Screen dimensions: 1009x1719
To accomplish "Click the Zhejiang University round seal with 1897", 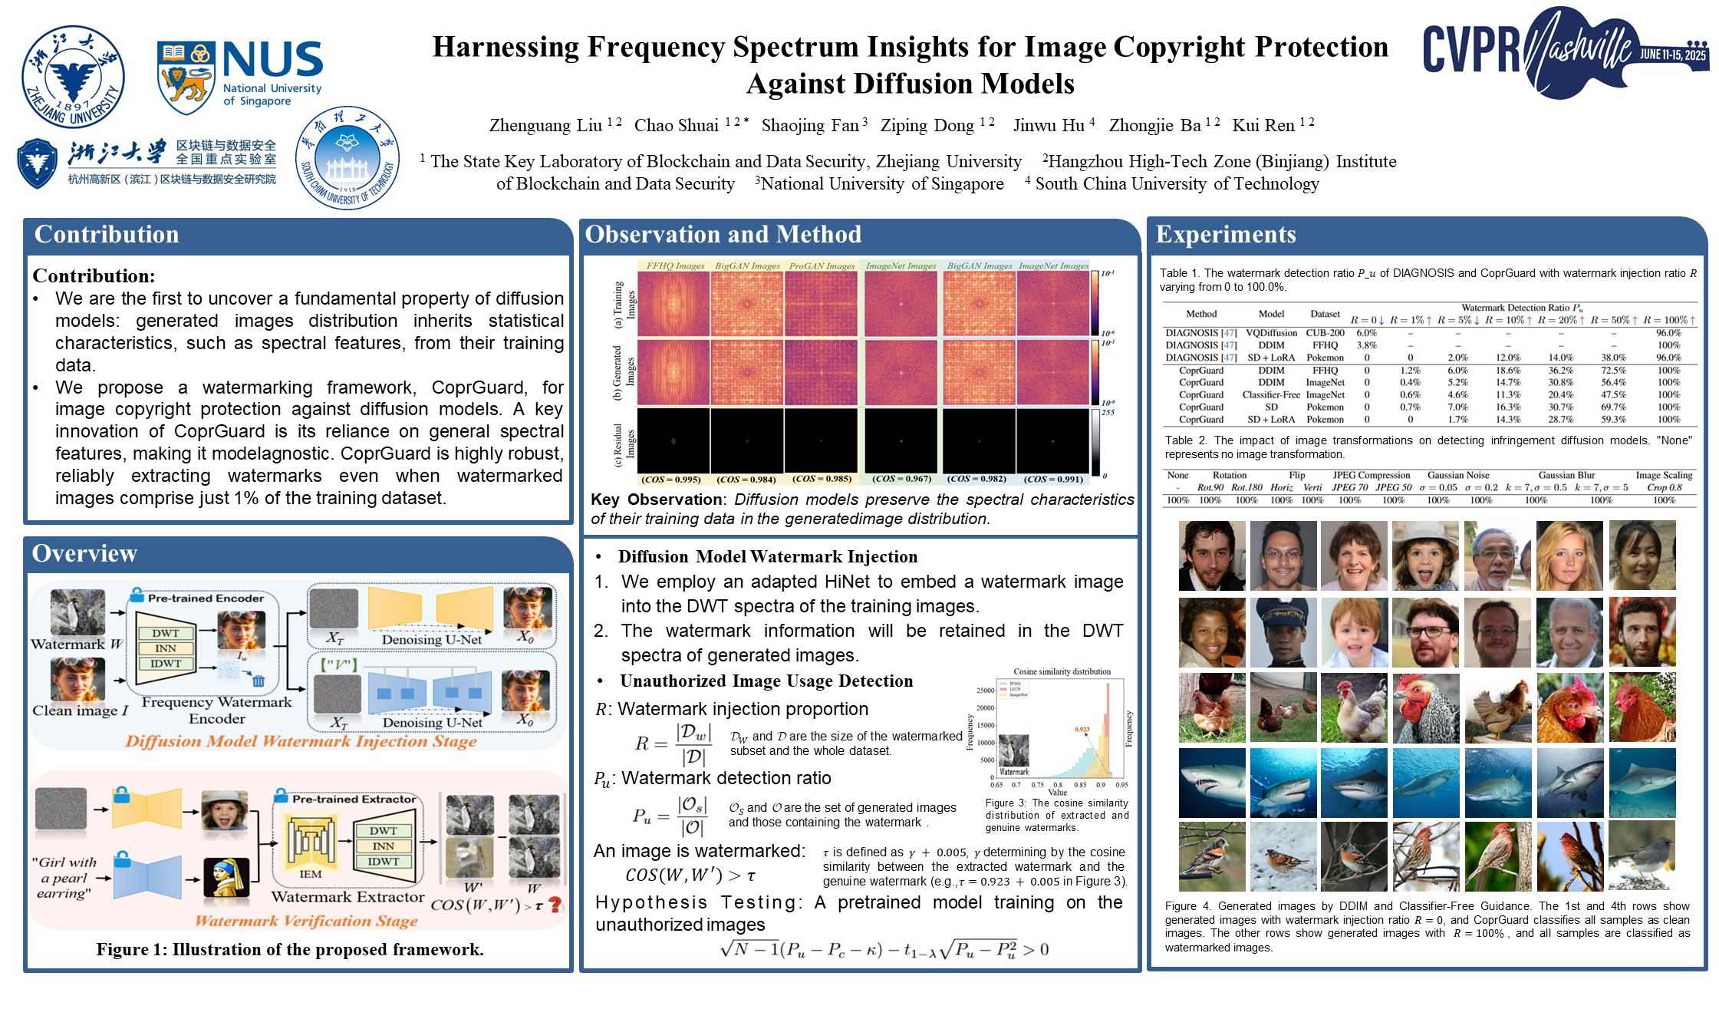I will coord(73,77).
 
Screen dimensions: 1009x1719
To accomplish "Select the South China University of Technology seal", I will coord(347,157).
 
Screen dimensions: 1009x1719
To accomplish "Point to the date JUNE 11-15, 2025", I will coord(1673,54).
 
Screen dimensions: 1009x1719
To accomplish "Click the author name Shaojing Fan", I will coord(809,125).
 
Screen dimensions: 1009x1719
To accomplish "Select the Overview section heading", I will coord(84,553).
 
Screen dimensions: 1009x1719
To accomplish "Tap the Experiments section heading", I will coord(1226,234).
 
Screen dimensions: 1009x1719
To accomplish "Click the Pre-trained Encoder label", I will coord(206,598).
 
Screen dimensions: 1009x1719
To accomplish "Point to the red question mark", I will coord(555,905).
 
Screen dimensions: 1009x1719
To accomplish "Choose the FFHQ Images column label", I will coord(675,265).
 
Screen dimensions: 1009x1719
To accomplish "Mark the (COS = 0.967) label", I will coord(901,479).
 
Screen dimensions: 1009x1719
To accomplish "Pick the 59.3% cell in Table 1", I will coord(1613,420).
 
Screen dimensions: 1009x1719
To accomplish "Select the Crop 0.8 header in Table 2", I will coord(1664,487).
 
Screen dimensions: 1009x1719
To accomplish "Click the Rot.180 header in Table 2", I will coord(1246,487).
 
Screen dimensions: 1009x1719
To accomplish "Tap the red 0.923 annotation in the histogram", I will coord(1082,729).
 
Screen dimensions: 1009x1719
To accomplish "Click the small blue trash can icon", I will coord(259,681).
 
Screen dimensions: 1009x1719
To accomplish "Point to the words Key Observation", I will coord(656,500).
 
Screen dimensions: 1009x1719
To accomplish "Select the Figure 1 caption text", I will coord(290,949).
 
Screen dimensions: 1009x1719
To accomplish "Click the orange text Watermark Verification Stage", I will coord(306,921).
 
